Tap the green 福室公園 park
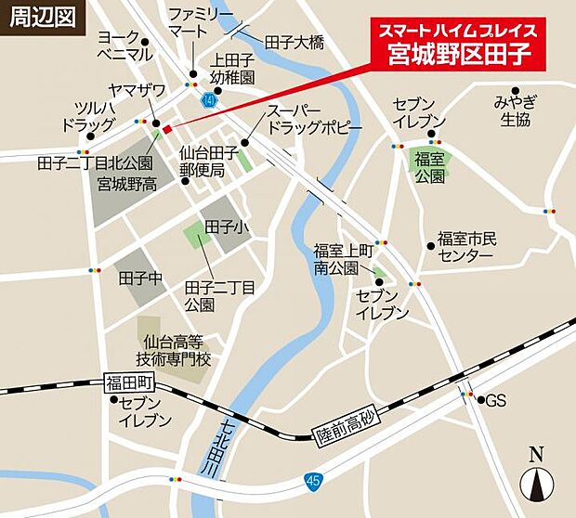(x=429, y=164)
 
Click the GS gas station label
(x=495, y=400)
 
